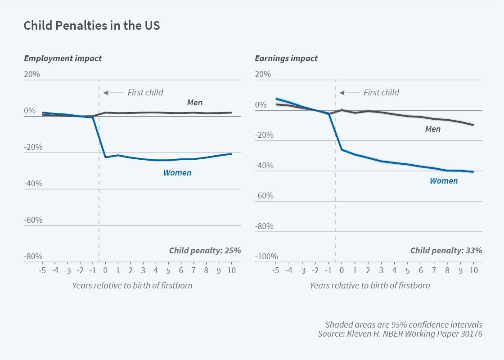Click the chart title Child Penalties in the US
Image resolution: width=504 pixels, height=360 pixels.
pyautogui.click(x=92, y=26)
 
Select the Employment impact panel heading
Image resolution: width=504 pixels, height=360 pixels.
pyautogui.click(x=63, y=58)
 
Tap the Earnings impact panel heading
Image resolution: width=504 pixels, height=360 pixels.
pyautogui.click(x=286, y=58)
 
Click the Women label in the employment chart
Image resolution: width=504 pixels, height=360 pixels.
pyautogui.click(x=177, y=172)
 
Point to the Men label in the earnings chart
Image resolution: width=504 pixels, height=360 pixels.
pyautogui.click(x=432, y=129)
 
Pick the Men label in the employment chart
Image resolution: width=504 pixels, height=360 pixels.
pyautogui.click(x=195, y=103)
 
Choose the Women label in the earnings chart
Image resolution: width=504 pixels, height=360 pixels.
pyautogui.click(x=444, y=181)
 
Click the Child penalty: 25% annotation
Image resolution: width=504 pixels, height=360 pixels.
pyautogui.click(x=205, y=250)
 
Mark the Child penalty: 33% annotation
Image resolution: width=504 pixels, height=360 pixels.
pyautogui.click(x=446, y=250)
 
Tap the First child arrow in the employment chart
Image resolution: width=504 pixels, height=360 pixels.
pyautogui.click(x=113, y=93)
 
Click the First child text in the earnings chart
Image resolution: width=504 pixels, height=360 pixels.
pyautogui.click(x=381, y=93)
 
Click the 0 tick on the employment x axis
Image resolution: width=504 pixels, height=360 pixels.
pyautogui.click(x=105, y=270)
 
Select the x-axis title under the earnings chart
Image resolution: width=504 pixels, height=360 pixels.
pyautogui.click(x=369, y=285)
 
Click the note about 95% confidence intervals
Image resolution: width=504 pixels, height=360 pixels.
pyautogui.click(x=404, y=324)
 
